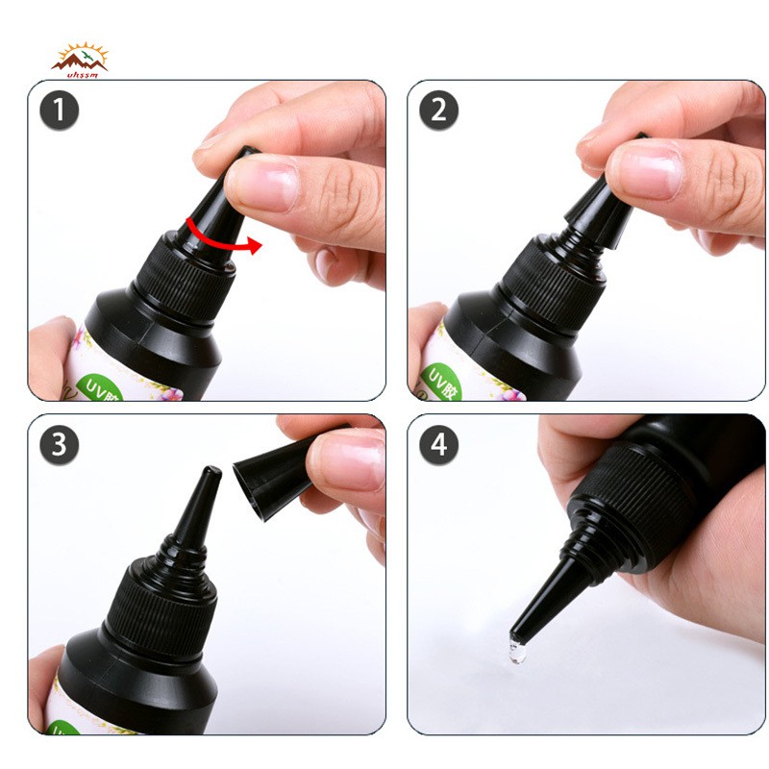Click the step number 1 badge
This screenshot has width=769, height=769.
(x=60, y=111)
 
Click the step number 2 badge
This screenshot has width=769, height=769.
(x=438, y=111)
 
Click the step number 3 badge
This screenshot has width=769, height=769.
(x=60, y=444)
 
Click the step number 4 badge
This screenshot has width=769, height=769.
(x=438, y=444)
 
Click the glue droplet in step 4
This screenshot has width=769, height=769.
(x=518, y=652)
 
